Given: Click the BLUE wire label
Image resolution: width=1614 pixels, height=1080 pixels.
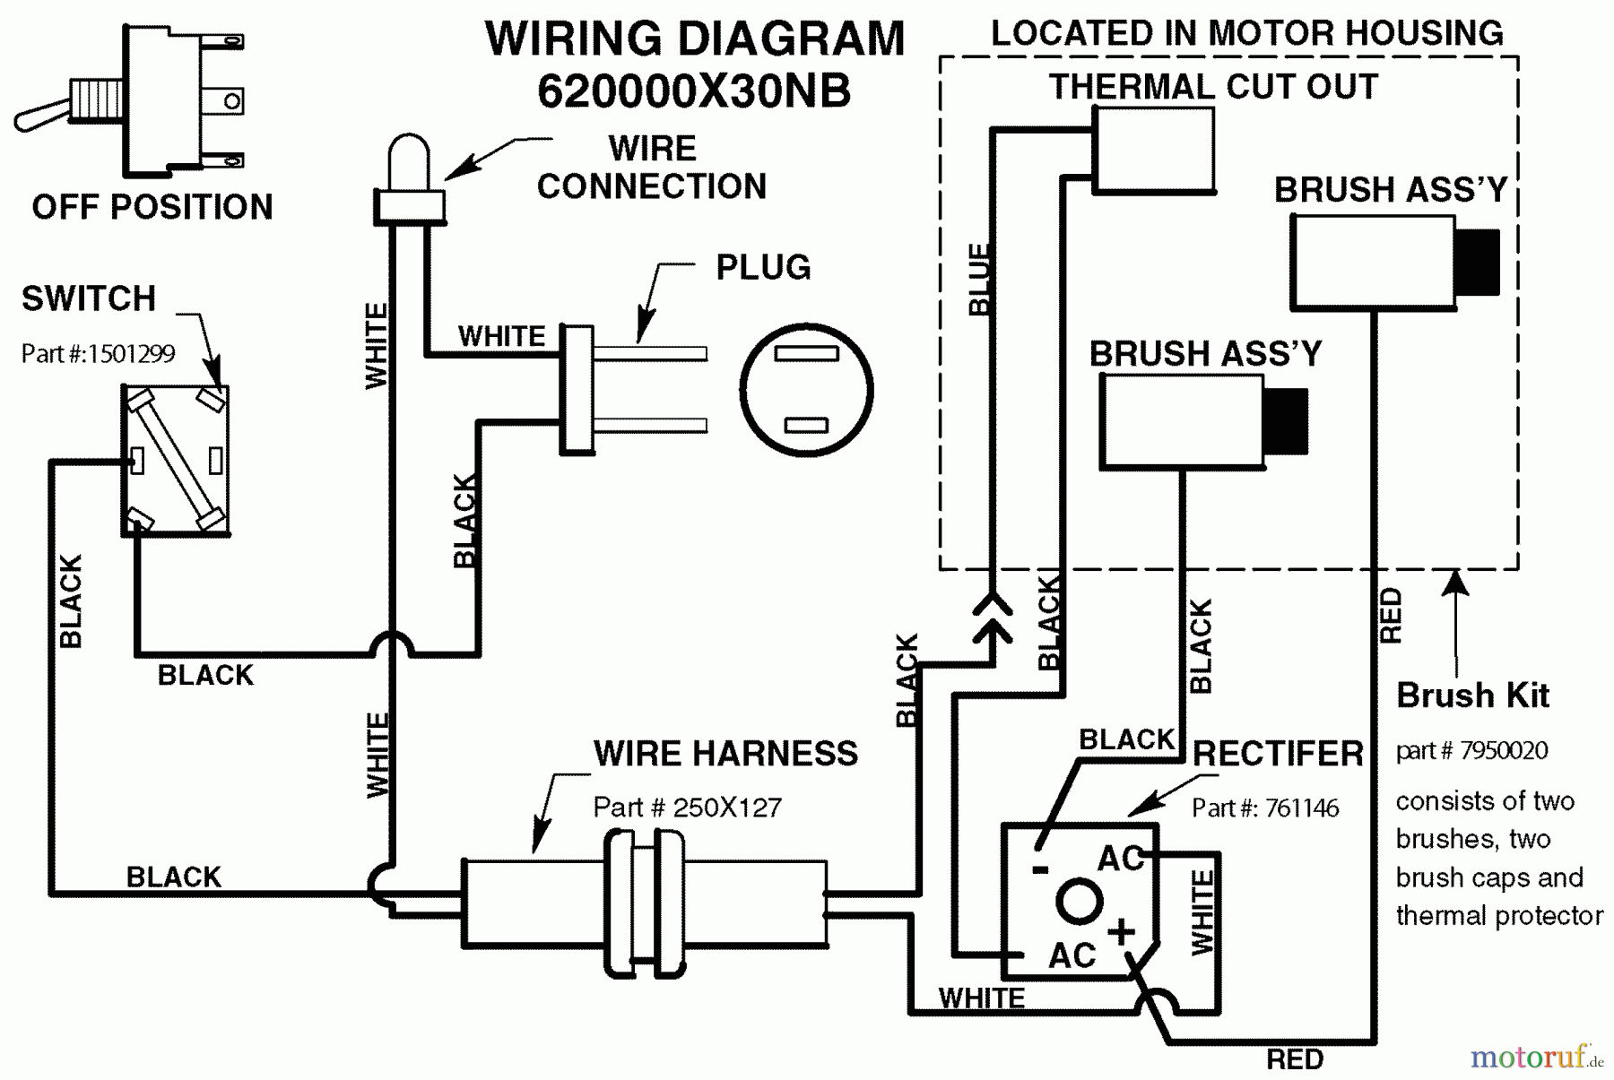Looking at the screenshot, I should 979,279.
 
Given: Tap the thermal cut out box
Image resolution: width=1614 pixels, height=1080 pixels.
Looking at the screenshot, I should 1153,150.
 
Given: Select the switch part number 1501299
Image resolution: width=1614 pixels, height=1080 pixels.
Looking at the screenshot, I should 98,354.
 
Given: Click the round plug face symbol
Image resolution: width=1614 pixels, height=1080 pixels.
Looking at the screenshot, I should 806,390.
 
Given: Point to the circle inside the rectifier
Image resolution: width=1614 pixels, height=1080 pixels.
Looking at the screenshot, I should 1078,901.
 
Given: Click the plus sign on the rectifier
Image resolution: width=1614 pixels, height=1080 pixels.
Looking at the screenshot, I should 1120,931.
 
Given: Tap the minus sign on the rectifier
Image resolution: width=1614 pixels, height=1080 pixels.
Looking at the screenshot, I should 1040,868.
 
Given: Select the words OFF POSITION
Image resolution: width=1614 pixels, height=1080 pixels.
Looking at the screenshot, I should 152,207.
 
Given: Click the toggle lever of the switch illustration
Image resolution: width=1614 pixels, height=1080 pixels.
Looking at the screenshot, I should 40,116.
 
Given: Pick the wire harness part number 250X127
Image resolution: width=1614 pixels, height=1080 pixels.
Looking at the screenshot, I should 687,808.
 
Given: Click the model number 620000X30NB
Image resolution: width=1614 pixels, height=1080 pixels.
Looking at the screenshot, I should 694,91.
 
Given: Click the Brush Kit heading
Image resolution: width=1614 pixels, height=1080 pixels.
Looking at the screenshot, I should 1472,696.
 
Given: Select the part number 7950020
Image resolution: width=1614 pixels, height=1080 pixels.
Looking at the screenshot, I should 1471,750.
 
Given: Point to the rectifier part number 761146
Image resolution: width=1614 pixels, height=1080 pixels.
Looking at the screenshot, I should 1264,808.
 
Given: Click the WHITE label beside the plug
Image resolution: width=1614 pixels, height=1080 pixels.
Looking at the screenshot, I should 501,336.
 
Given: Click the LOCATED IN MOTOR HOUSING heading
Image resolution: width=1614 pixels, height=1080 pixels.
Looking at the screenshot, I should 1246,33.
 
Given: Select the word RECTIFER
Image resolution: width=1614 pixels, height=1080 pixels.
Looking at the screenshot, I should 1277,754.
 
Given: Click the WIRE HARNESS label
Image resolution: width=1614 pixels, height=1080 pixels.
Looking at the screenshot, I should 725,754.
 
